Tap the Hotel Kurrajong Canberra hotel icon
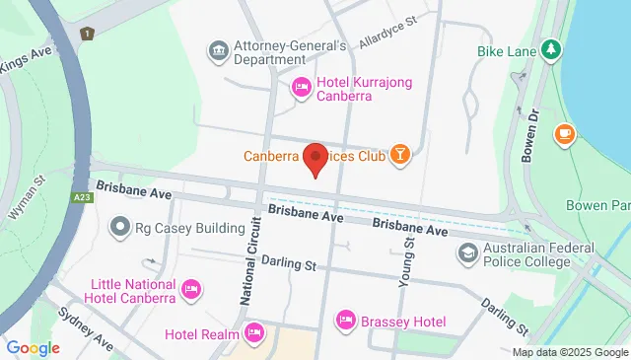pyautogui.click(x=303, y=89)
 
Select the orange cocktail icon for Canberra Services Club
pyautogui.click(x=401, y=154)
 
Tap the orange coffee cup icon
pyautogui.click(x=564, y=133)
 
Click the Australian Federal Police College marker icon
pyautogui.click(x=465, y=253)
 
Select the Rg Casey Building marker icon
pyautogui.click(x=121, y=228)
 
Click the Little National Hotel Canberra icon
pyautogui.click(x=192, y=288)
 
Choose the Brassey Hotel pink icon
pyautogui.click(x=345, y=321)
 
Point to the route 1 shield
pyautogui.click(x=88, y=35)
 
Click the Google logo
pyautogui.click(x=33, y=347)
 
